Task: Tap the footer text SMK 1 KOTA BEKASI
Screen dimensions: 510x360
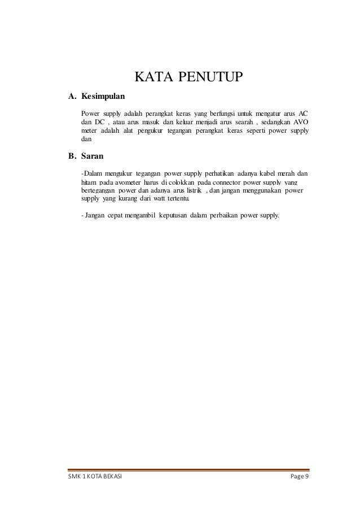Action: [86, 477]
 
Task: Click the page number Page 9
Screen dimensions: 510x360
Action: [299, 477]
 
